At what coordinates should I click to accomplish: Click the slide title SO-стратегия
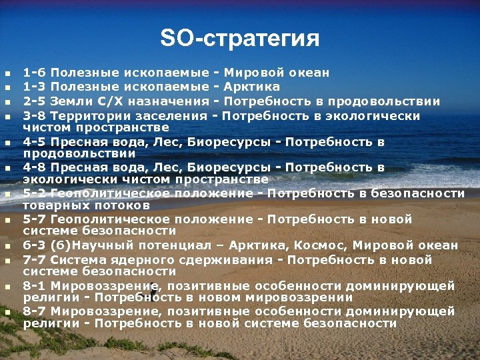pos(240,38)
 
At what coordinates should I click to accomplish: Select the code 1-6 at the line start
pos(35,72)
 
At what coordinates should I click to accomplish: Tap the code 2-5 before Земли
pos(35,101)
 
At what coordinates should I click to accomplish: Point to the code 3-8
pos(35,116)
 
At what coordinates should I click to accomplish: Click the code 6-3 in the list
pos(35,245)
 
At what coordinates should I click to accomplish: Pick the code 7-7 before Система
pos(35,260)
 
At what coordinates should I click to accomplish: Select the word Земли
pos(70,101)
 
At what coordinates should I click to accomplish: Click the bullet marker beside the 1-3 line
pos(7,87)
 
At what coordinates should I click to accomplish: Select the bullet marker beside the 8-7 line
pos(7,312)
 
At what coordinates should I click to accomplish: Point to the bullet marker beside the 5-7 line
pos(7,220)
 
